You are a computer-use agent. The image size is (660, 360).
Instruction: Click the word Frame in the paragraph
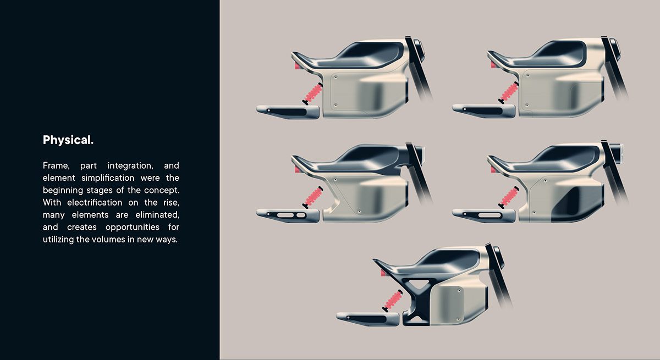[55, 165]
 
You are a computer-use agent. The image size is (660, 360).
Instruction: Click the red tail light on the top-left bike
[298, 66]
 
